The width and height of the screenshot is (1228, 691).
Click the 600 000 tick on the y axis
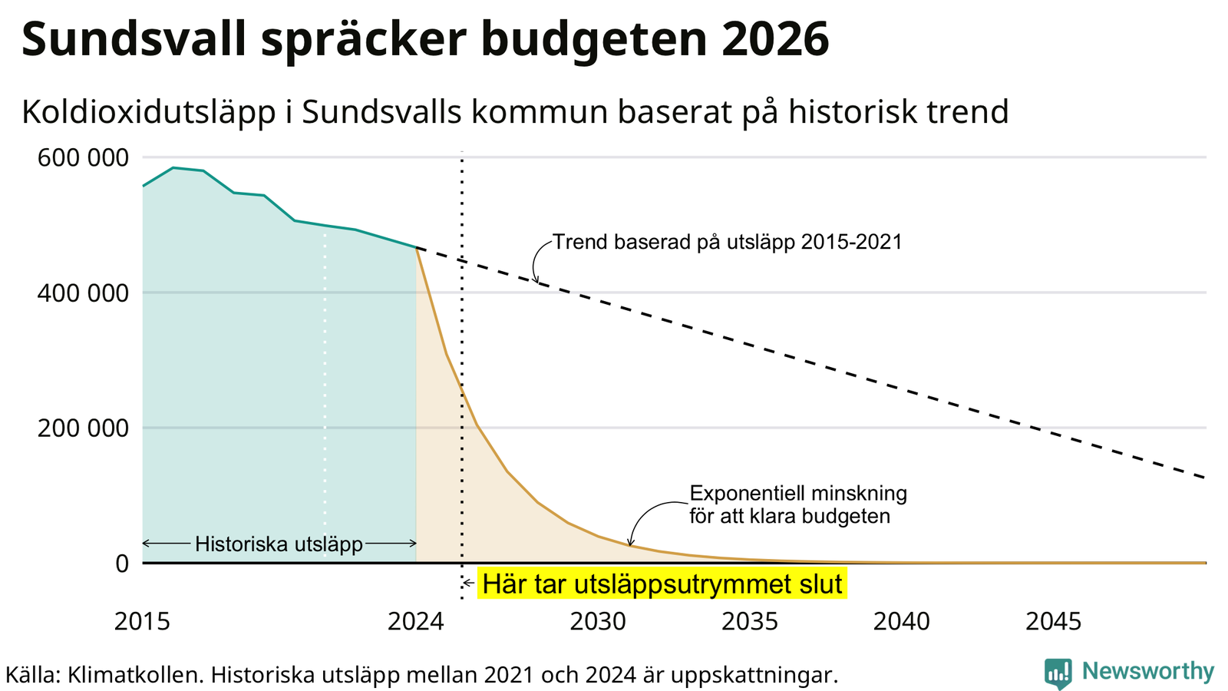pyautogui.click(x=83, y=158)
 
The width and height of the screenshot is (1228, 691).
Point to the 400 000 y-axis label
pyautogui.click(x=83, y=293)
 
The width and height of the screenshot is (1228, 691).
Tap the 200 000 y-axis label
pyautogui.click(x=83, y=428)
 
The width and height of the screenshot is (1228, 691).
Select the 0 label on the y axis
pyautogui.click(x=122, y=564)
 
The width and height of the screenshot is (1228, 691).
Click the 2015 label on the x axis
pyautogui.click(x=143, y=621)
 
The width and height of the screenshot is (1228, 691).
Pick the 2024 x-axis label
pyautogui.click(x=415, y=621)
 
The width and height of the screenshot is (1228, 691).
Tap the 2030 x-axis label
pyautogui.click(x=598, y=621)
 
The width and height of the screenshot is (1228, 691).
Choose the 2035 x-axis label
pyautogui.click(x=750, y=621)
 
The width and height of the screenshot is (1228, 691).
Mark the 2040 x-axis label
pyautogui.click(x=902, y=621)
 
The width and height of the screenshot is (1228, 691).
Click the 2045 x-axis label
pyautogui.click(x=1054, y=621)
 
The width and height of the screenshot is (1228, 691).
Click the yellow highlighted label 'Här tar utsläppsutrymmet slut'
pyautogui.click(x=662, y=584)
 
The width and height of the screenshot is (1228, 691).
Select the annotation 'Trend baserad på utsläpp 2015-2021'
pyautogui.click(x=727, y=242)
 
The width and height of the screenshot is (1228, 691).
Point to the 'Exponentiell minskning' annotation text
pyautogui.click(x=798, y=494)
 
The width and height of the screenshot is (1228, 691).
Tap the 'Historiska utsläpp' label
pyautogui.click(x=279, y=544)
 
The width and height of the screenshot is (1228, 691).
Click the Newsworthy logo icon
pyautogui.click(x=1058, y=673)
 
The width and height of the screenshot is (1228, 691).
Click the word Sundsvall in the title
pyautogui.click(x=134, y=39)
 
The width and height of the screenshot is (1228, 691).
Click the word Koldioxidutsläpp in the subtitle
pyautogui.click(x=149, y=113)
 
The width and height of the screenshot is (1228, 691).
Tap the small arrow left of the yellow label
pyautogui.click(x=468, y=583)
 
